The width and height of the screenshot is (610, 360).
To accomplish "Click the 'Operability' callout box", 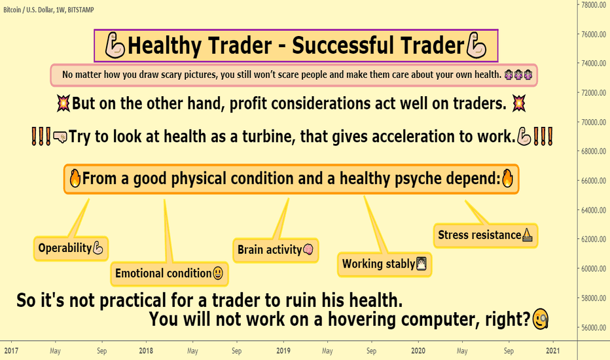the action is [x=71, y=248].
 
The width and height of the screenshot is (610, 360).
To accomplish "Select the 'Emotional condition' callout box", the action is [x=170, y=274].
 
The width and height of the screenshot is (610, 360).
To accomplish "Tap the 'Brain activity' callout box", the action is [x=276, y=250].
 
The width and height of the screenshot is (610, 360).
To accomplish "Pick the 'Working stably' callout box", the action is [x=384, y=264].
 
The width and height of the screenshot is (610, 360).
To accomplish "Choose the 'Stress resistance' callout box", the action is [x=486, y=236].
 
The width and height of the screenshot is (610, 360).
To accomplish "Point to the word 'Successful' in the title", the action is [x=344, y=45].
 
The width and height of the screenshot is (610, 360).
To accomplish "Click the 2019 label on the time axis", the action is [x=283, y=351].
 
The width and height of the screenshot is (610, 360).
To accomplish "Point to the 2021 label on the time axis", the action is [x=552, y=351].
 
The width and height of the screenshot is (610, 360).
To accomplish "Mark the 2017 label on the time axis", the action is [x=11, y=351].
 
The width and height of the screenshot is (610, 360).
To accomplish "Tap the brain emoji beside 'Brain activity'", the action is [x=308, y=249].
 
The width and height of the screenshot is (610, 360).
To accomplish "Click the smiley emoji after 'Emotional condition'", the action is [x=218, y=273].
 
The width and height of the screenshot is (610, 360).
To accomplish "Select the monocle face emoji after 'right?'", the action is [x=541, y=319].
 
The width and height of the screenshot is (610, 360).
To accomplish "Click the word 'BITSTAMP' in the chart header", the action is [x=81, y=10].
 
